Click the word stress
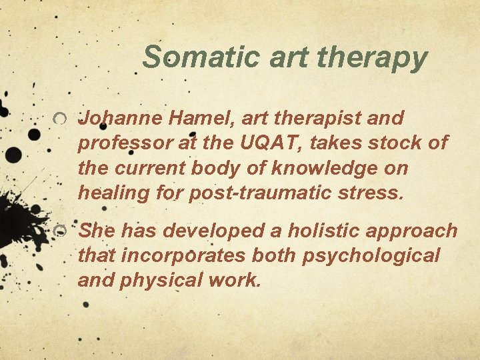click(x=373, y=193)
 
